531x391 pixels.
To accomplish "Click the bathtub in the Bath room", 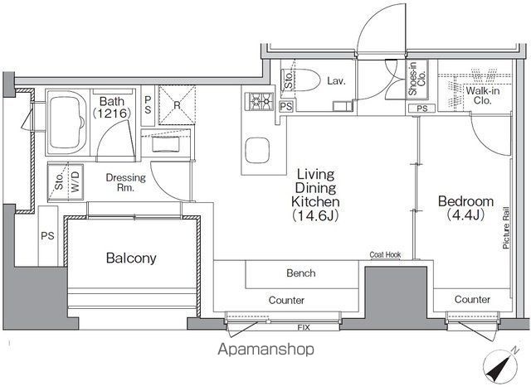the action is pos(67,122).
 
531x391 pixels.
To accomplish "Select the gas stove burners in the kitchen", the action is pos(261,101).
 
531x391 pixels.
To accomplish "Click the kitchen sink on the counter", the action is pos(257,150).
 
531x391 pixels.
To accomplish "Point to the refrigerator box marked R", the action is pos(177,105).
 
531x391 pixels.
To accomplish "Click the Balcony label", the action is pos(131,258).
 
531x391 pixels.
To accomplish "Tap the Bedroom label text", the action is pos(465,201).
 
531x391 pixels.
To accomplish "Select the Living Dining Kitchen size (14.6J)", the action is pos(315,215).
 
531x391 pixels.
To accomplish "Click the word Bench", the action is pos(301,273).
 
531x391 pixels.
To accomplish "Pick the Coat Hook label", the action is pos(385,254).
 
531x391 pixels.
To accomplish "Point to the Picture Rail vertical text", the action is pos(506,228).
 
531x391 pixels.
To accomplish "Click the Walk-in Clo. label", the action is pos(483,95).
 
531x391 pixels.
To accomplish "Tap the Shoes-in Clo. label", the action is pos(417,79).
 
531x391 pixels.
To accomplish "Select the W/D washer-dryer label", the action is pos(76,181).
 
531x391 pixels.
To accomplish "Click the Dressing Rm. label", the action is pos(125,182).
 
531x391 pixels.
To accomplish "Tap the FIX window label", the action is pos(304,327).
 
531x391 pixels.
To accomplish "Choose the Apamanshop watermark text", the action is pos(265,349).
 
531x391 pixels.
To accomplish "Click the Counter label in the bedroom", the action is pos(472,299).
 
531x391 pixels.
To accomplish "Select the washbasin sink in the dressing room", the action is pos(166,144).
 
